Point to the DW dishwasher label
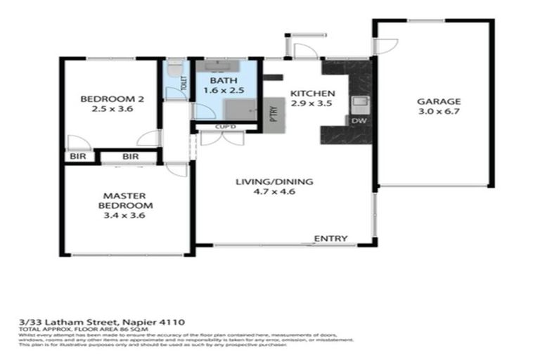pos(359,121)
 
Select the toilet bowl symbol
pos(173,68)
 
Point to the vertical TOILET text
pos(184,84)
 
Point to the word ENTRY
pos(330,238)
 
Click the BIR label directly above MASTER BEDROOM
pos(130,156)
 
